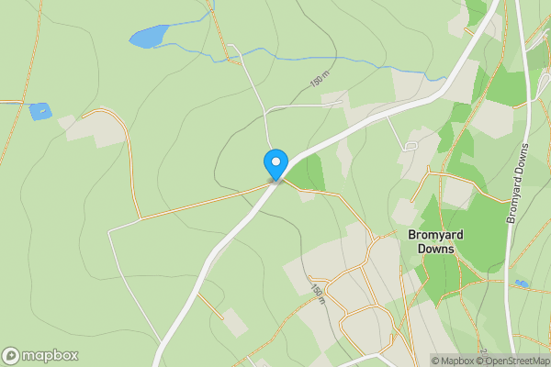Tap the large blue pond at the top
pyautogui.click(x=150, y=36)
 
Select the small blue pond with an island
pyautogui.click(x=39, y=111)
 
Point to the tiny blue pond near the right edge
pyautogui.click(x=521, y=284)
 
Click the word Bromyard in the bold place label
pyautogui.click(x=435, y=235)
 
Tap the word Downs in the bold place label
pyautogui.click(x=435, y=249)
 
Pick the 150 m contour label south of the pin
pyautogui.click(x=317, y=293)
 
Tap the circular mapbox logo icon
pyautogui.click(x=12, y=355)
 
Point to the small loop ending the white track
pyautogui.click(x=410, y=145)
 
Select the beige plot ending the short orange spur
pyautogui.click(x=235, y=322)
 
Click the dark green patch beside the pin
pyautogui.click(x=312, y=172)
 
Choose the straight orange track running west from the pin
pyautogui.click(x=202, y=203)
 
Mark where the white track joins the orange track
pyautogui.click(x=141, y=219)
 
